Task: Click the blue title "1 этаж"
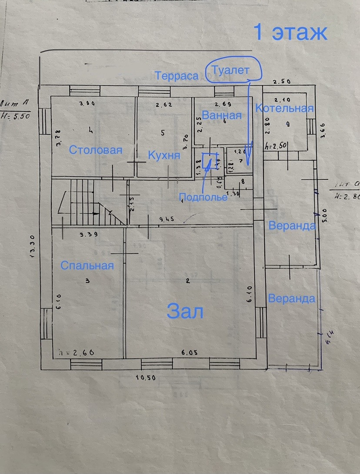pos(290,33)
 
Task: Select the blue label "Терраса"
pos(177,76)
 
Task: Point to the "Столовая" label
pos(96,150)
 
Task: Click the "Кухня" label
pos(164,156)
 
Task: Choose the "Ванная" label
pos(221,116)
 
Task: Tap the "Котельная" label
pos(284,109)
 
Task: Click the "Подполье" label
pos(203,197)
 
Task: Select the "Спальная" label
pos(87,265)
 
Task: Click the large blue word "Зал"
pos(185,312)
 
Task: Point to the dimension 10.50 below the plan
pos(145,378)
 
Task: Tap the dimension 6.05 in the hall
pos(189,353)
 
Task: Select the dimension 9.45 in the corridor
pos(167,219)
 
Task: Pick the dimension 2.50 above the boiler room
pos(281,81)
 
